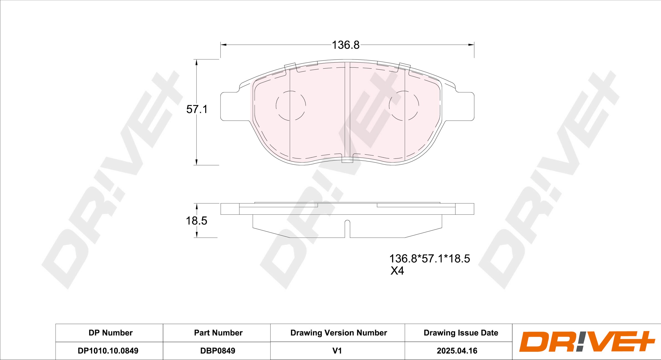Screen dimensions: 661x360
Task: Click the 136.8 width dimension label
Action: [346, 45]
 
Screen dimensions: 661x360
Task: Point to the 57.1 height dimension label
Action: [197, 109]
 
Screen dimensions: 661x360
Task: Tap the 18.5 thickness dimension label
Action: [196, 221]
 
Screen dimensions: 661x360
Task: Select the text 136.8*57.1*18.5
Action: [429, 259]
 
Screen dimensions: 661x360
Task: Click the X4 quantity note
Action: [397, 271]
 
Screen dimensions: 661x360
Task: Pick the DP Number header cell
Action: [111, 333]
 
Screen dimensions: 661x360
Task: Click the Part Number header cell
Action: [218, 333]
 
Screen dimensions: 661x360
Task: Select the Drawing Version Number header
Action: [338, 333]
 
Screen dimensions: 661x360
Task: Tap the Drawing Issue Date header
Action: [461, 333]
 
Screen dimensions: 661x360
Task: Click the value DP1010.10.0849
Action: [108, 351]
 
